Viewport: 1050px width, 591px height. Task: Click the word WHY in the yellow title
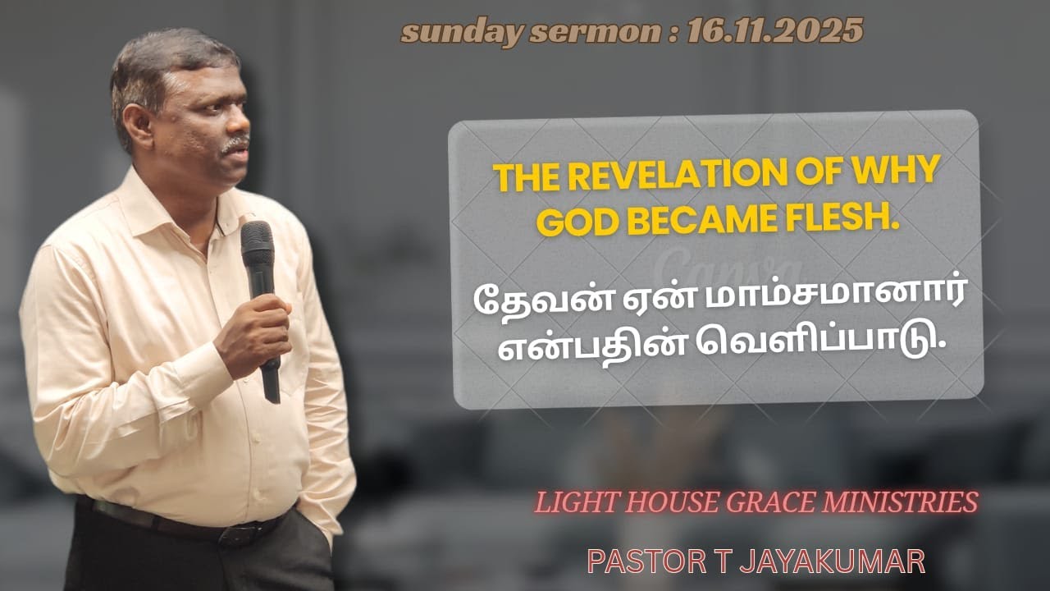point(897,174)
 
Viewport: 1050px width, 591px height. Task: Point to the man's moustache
point(235,144)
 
